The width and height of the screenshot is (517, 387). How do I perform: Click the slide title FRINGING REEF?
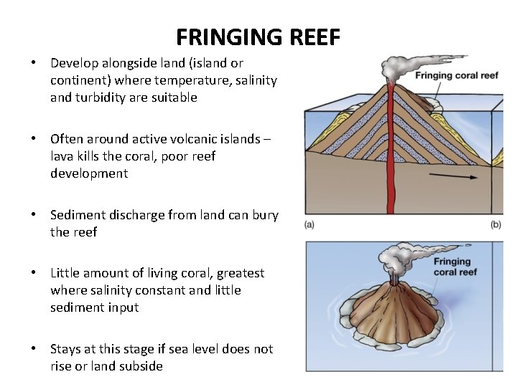(x=258, y=37)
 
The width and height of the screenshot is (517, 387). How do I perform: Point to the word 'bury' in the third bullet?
(x=264, y=215)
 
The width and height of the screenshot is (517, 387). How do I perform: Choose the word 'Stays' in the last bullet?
(x=66, y=349)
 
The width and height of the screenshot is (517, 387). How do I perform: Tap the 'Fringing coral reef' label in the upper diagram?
(x=457, y=75)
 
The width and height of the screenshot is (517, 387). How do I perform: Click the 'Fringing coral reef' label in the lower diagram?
(x=455, y=267)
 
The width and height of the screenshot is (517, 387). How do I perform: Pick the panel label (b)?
(x=495, y=225)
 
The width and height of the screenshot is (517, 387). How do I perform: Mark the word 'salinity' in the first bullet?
(x=254, y=80)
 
